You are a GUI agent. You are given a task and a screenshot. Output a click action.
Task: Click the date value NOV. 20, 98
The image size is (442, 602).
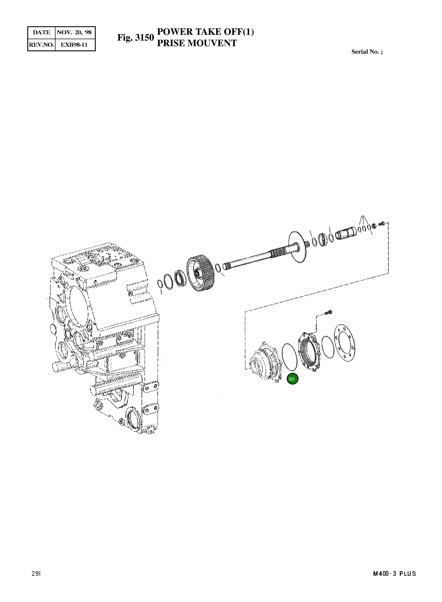tap(74, 33)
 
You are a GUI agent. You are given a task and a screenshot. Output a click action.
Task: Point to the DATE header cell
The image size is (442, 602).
tap(41, 33)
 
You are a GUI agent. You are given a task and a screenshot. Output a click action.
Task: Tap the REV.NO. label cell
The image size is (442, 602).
tap(41, 45)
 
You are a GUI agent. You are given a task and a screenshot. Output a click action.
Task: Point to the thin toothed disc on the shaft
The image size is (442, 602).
tap(298, 247)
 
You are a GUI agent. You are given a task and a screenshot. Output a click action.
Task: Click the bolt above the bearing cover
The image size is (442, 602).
tap(328, 312)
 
